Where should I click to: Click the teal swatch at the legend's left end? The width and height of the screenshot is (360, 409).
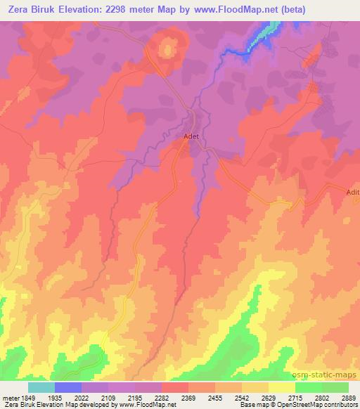click(41, 387)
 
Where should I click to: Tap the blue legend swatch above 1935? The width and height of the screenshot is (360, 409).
click(68, 387)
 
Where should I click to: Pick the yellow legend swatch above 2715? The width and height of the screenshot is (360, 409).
click(282, 387)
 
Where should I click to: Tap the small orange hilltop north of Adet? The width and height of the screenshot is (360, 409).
click(168, 48)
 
